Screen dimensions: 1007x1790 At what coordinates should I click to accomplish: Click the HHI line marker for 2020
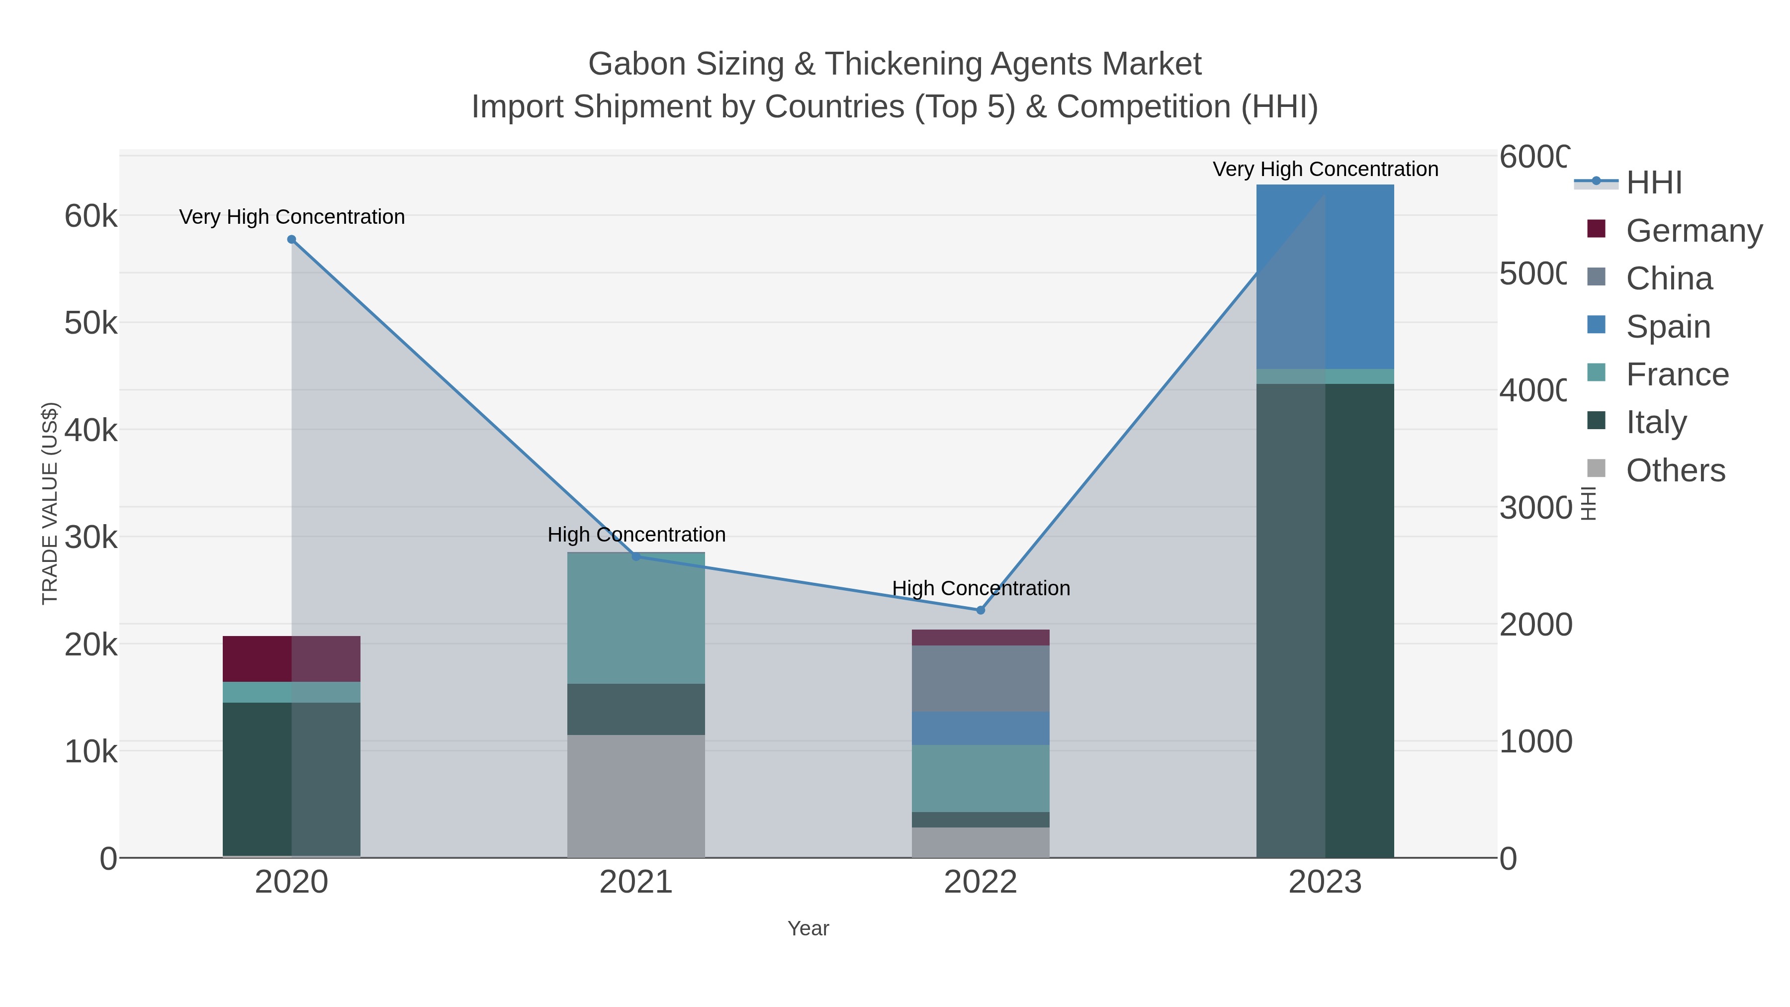click(292, 240)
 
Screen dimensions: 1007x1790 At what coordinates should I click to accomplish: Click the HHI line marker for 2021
click(636, 556)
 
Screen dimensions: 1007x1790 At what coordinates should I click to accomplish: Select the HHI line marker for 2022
click(981, 610)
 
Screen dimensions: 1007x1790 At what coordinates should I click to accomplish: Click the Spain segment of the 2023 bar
click(1325, 276)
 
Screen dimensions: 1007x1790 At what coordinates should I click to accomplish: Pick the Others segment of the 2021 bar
click(636, 796)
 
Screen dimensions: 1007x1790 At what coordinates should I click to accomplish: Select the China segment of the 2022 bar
click(981, 678)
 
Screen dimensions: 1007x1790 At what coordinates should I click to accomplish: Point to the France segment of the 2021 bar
click(636, 618)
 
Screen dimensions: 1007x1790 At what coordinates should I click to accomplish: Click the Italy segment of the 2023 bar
click(1325, 620)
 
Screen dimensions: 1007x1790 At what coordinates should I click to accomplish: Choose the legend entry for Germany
click(1694, 230)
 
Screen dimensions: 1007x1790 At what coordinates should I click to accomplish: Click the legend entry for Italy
click(1656, 422)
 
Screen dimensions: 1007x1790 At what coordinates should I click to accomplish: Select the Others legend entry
click(1675, 470)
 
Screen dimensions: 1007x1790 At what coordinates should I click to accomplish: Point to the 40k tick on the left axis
click(91, 430)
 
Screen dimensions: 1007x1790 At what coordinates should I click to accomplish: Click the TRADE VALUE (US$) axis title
click(50, 503)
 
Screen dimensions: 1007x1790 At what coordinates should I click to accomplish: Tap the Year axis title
click(808, 928)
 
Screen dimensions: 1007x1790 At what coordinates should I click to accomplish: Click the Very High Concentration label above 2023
click(1325, 169)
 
